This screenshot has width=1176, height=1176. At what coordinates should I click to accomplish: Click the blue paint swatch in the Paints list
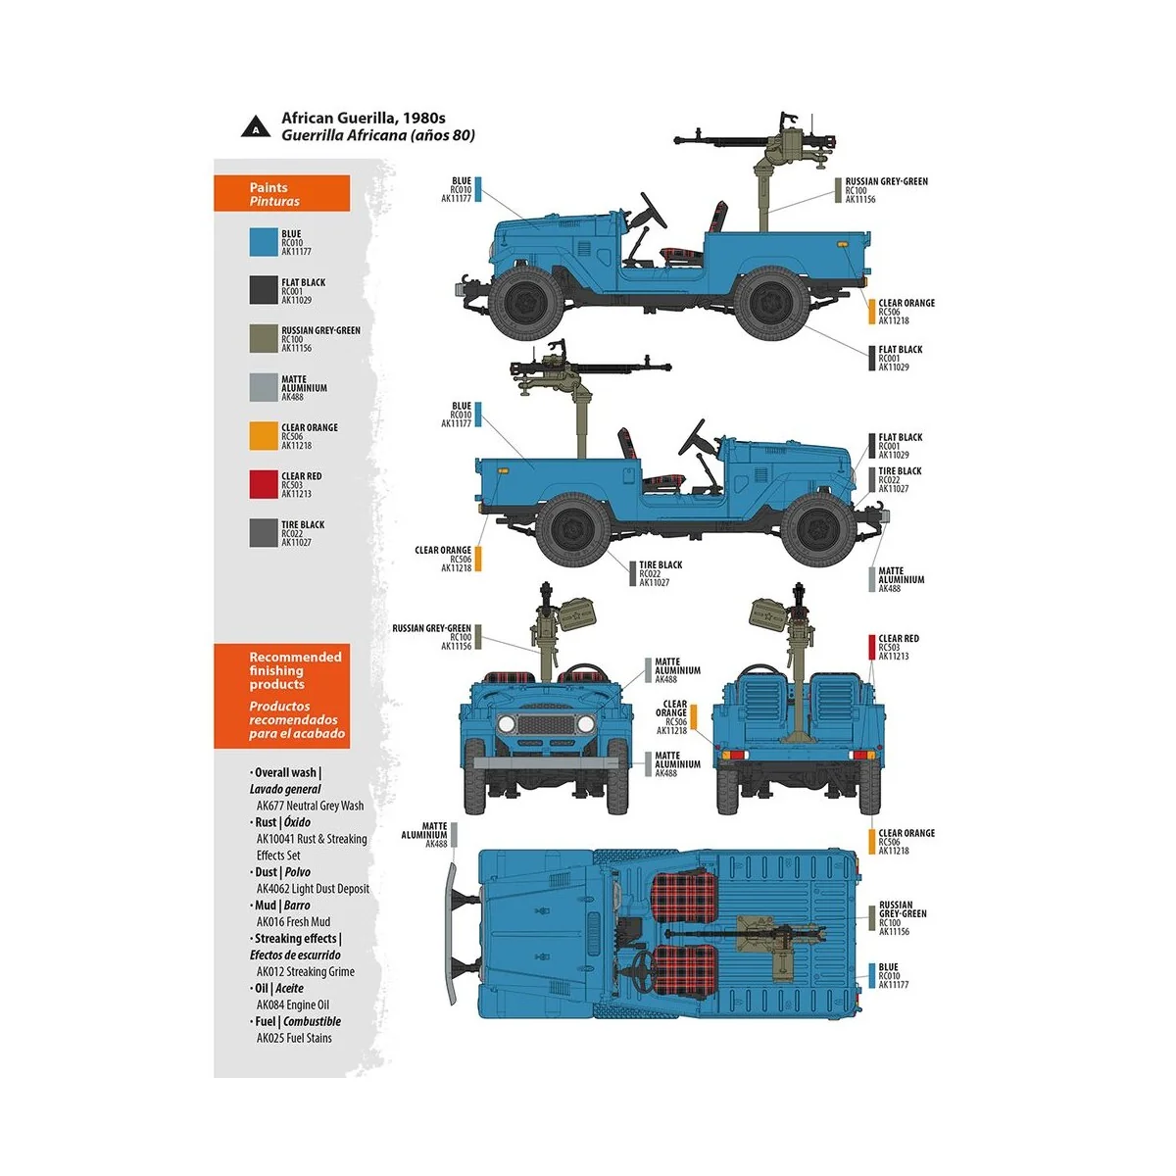click(264, 242)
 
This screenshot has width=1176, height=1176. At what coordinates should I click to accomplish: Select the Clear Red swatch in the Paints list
click(264, 484)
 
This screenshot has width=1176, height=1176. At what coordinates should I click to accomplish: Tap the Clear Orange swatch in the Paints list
click(264, 436)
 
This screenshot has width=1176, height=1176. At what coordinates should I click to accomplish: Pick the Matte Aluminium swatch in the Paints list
click(264, 387)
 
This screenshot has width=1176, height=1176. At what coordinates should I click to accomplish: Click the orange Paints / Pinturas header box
click(281, 194)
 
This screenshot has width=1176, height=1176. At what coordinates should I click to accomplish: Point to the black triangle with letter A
click(256, 126)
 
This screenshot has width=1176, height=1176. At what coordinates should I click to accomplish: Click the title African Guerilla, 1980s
click(363, 118)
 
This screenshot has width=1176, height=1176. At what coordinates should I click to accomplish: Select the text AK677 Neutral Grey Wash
click(310, 806)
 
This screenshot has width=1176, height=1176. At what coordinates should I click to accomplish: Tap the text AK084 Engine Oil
click(293, 1004)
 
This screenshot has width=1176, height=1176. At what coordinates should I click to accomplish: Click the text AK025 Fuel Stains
click(294, 1038)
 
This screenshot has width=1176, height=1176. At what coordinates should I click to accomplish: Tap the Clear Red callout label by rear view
click(898, 647)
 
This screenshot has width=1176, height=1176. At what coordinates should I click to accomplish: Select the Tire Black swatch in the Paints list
click(264, 533)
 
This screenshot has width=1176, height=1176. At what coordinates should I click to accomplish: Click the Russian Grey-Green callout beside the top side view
click(885, 190)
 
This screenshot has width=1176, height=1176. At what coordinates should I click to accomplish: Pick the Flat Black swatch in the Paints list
click(264, 290)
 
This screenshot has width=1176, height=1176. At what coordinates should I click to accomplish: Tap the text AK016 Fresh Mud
click(293, 921)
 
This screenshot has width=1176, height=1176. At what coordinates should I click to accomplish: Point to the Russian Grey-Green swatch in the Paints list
click(264, 339)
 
